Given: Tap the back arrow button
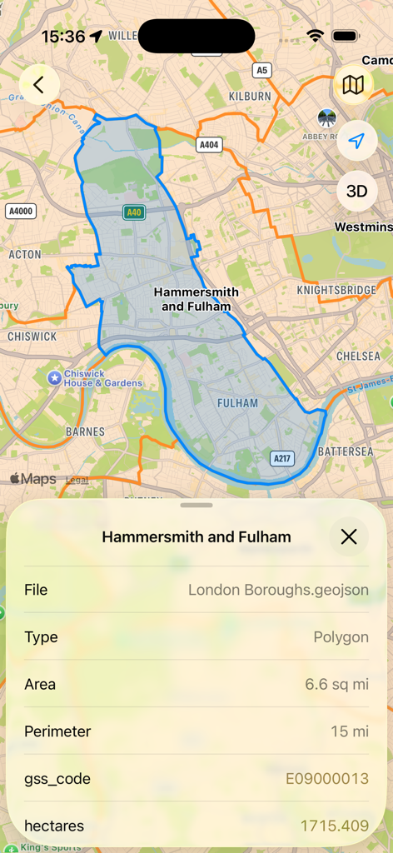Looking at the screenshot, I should coord(39,84).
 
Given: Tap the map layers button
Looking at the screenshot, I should coord(356,84).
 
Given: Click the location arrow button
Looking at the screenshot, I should coord(356,141).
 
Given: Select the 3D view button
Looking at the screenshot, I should coord(356,191).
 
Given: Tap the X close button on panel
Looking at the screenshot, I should coord(349,536).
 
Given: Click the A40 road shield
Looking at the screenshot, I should coord(133,212).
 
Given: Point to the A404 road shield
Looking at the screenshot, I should coord(209,145).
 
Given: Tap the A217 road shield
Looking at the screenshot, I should coord(283,457).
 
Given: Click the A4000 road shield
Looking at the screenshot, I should coord(21,211).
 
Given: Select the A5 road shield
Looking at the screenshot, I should coord(262,70).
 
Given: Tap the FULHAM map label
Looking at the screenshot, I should coord(237,403).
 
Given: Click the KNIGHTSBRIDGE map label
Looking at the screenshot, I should coord(336,290).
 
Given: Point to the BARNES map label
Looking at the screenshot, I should coord(85,431).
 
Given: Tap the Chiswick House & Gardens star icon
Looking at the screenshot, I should coord(55,378).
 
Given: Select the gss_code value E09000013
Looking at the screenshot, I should coord(327,779).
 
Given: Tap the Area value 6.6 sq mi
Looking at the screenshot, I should coord(336,684).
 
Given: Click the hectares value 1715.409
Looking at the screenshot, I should coord(334,826).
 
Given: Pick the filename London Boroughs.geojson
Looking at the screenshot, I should coord(278,590).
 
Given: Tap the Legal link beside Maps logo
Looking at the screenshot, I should coord(77,480).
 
